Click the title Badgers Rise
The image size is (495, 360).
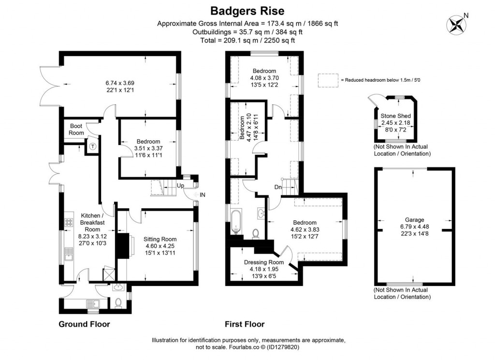point(247,10)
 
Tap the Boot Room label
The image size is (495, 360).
point(76,130)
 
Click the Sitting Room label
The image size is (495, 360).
point(160,239)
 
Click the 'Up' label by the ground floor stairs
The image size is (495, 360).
point(180,186)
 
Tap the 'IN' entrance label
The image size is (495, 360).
point(203,194)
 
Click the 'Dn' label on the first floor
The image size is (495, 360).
point(278,187)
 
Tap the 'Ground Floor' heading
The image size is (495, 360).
point(84,324)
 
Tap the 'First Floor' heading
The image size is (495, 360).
point(245,324)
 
